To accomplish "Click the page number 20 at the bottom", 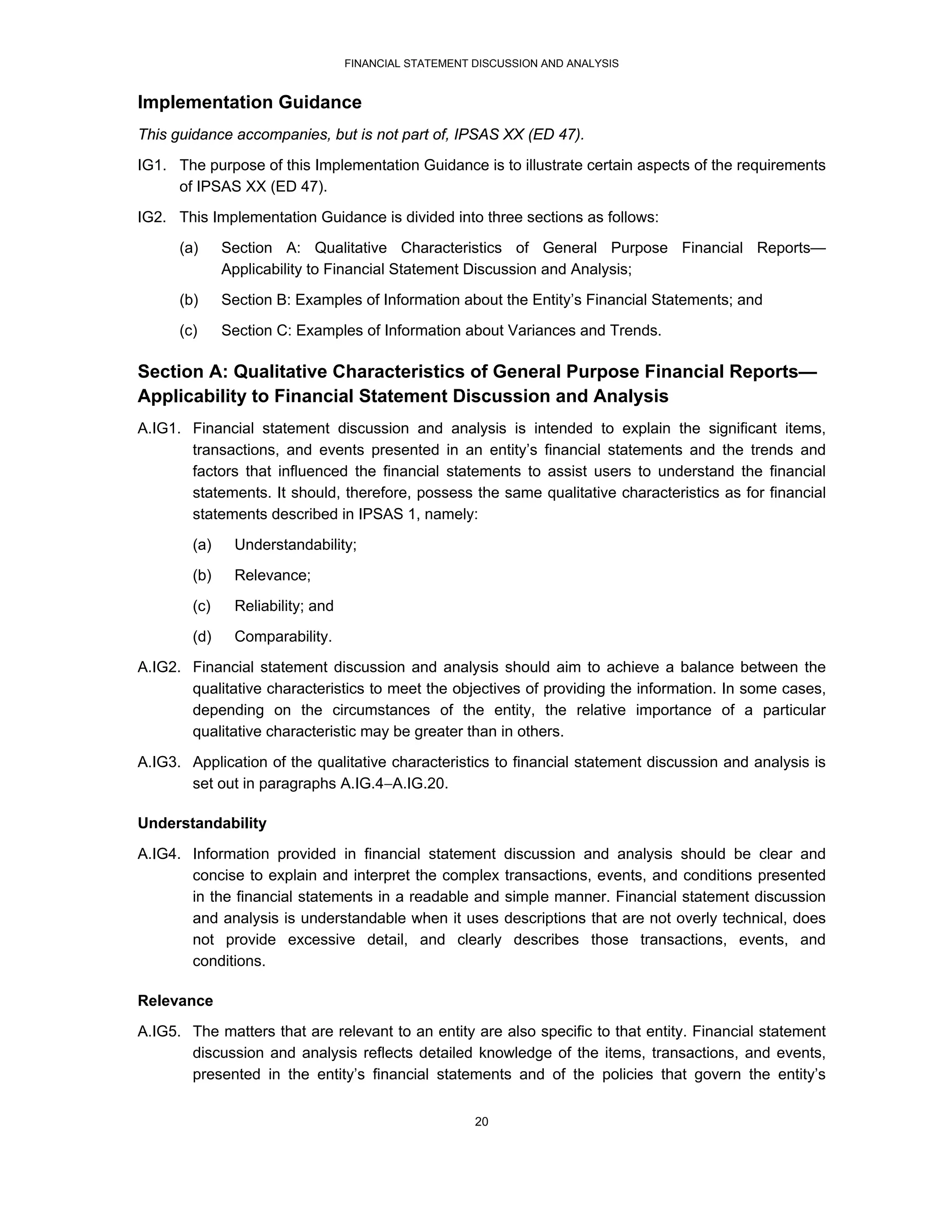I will (x=481, y=1121).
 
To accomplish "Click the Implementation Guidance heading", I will (x=249, y=102).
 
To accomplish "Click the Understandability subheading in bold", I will (x=202, y=823).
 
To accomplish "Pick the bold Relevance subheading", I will (x=175, y=1001).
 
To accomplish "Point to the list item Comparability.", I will (x=283, y=636).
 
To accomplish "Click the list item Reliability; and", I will (x=283, y=606).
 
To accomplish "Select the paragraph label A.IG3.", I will (x=159, y=762).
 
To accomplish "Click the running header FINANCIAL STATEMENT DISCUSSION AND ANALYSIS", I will (x=481, y=64).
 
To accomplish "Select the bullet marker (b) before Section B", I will (x=189, y=300).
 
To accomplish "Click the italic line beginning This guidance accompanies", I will (x=361, y=135).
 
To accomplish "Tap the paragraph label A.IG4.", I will (x=159, y=853).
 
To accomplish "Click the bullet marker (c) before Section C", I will (x=189, y=330).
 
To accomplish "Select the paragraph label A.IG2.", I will (x=159, y=667).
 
